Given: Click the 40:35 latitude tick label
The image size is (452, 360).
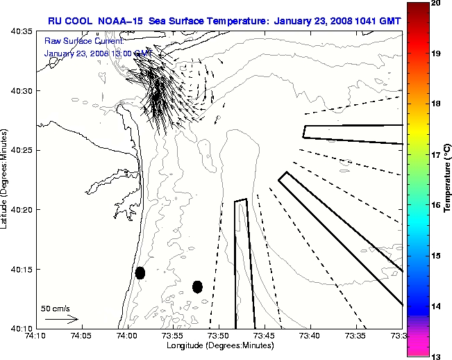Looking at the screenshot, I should pyautogui.click(x=22, y=32).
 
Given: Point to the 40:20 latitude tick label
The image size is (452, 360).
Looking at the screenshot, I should pyautogui.click(x=22, y=210).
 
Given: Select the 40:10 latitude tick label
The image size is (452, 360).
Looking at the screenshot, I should pyautogui.click(x=22, y=328).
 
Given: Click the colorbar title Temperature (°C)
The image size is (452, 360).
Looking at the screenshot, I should pyautogui.click(x=447, y=180).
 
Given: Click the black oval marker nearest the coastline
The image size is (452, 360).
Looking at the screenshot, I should pyautogui.click(x=140, y=272).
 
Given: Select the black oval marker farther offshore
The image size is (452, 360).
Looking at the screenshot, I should pyautogui.click(x=197, y=286).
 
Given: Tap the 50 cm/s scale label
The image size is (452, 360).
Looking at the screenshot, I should pyautogui.click(x=55, y=308).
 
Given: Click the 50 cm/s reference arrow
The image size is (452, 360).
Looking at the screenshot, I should pyautogui.click(x=61, y=319).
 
